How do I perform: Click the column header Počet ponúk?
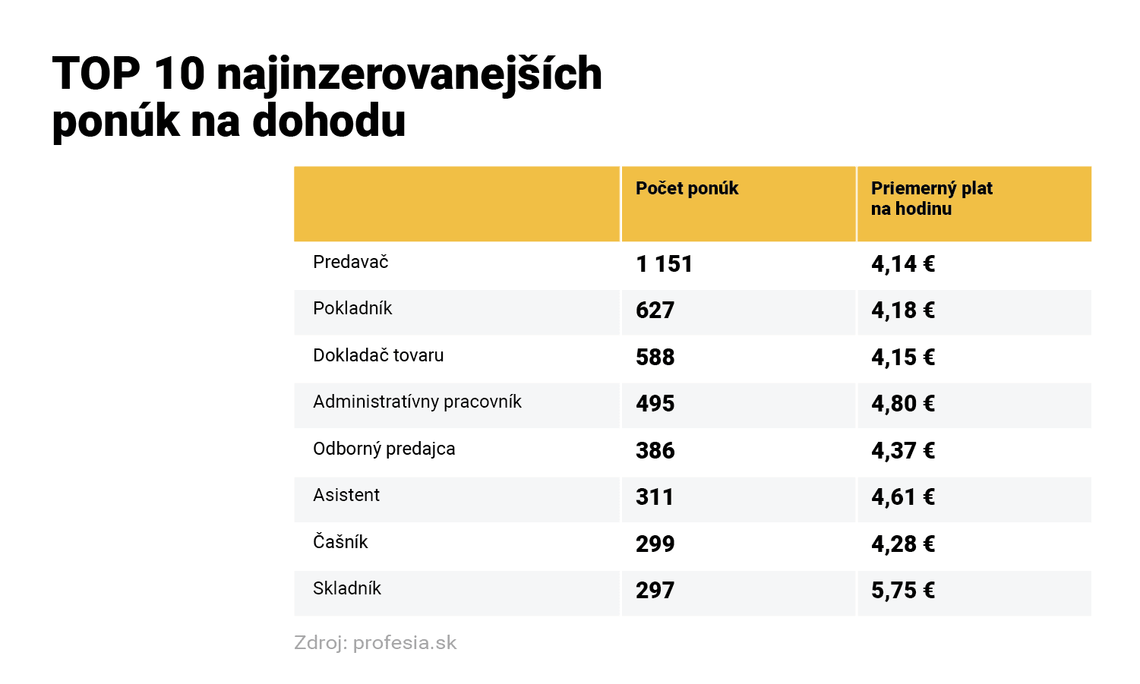coord(687,188)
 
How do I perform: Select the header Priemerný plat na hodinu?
coord(931,198)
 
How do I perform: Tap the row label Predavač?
coord(350,263)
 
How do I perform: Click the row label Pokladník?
coord(352,309)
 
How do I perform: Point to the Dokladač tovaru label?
coord(378,355)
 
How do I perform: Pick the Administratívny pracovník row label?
coord(417,402)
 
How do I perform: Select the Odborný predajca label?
coord(384,449)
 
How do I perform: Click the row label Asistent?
coord(346,495)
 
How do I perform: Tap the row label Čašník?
coord(340,542)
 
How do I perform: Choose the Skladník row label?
coord(347,588)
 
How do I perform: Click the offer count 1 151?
coord(664,264)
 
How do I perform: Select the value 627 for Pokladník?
coord(655,310)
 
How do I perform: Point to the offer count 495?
coord(655,404)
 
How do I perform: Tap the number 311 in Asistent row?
coord(654,497)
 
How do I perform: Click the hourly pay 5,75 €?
coord(902,591)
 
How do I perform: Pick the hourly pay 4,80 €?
coord(902,404)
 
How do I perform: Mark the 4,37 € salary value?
coord(902,451)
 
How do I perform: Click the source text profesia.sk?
coord(405,643)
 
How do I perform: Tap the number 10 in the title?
coord(179,74)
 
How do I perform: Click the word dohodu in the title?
coord(329,121)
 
